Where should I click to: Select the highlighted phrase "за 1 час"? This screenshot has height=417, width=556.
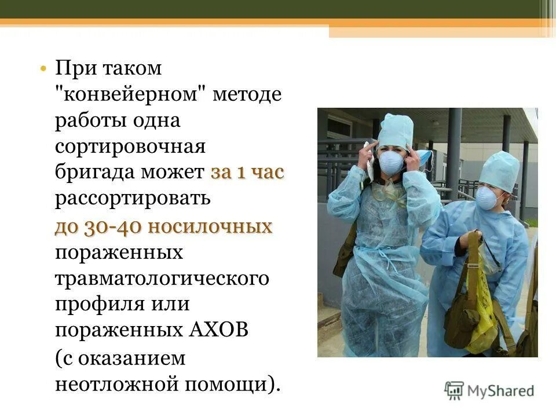247,173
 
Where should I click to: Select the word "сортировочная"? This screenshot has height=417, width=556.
130,147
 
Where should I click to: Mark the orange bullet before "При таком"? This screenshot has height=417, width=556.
43,69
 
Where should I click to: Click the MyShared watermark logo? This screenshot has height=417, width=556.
489,390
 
